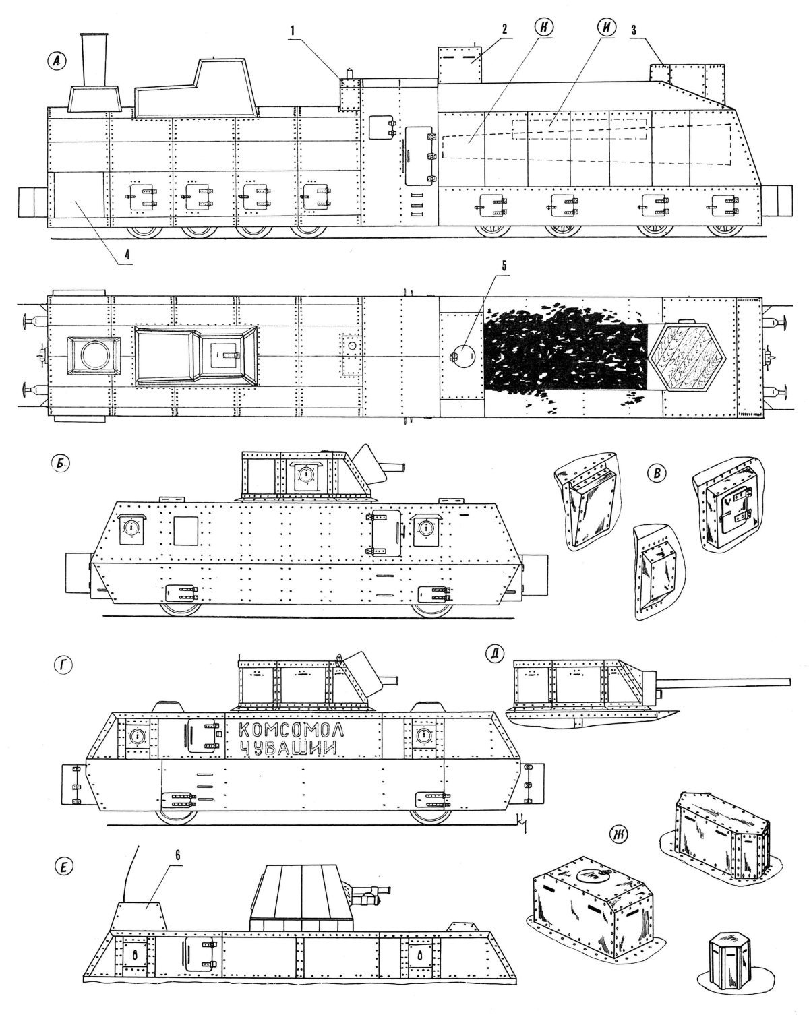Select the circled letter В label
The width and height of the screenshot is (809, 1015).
pos(653,474)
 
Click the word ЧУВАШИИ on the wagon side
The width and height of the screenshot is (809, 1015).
pos(287,750)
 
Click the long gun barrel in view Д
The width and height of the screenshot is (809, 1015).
pos(728,682)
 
